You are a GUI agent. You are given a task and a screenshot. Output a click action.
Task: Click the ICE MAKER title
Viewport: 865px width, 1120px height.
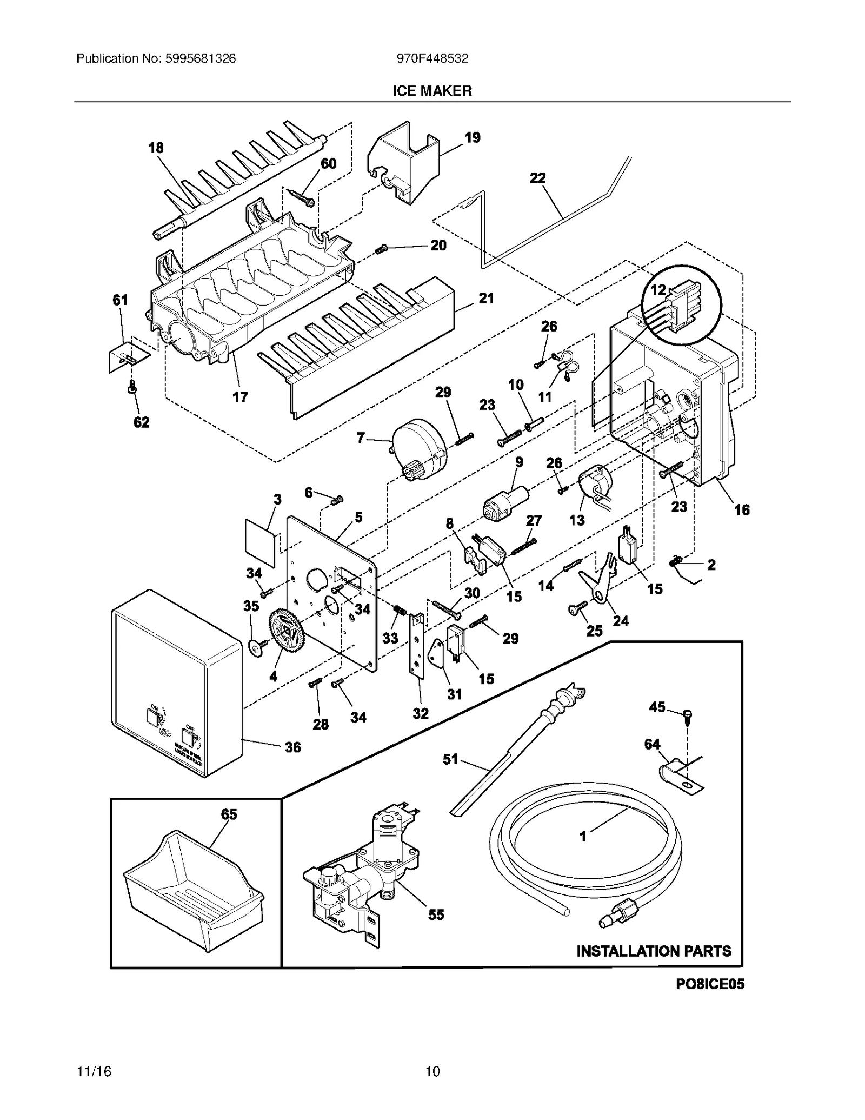[432, 91]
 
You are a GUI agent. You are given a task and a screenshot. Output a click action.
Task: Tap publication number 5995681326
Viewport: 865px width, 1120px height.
[156, 59]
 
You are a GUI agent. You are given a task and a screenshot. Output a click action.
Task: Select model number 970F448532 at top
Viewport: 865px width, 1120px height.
[432, 59]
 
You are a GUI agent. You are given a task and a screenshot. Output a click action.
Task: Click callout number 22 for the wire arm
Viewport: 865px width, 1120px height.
[537, 178]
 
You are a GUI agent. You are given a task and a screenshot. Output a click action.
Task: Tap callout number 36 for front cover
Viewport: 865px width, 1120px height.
[292, 747]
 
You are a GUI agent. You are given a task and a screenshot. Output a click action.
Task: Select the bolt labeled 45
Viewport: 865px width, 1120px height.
[688, 716]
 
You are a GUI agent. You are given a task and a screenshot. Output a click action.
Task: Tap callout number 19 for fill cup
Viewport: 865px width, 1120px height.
[473, 137]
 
